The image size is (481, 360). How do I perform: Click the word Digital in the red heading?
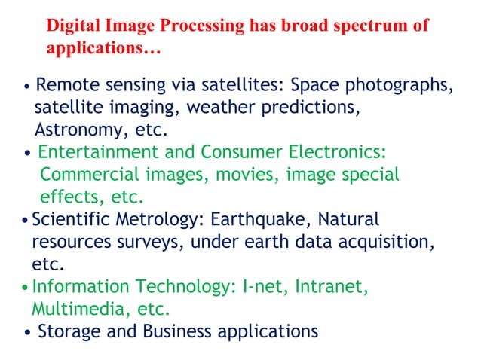click(x=73, y=26)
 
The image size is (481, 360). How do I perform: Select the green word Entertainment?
click(x=98, y=152)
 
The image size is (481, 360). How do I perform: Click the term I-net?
click(x=264, y=287)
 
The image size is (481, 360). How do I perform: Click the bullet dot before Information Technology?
click(x=26, y=288)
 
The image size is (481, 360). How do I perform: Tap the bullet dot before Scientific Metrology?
click(x=26, y=221)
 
